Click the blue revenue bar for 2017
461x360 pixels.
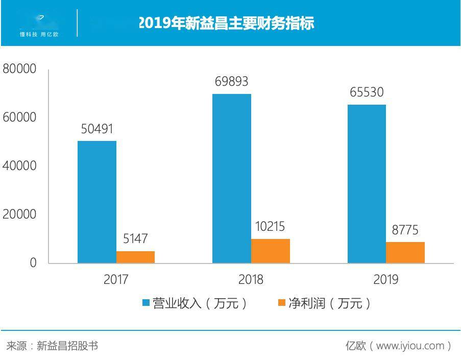(97, 202)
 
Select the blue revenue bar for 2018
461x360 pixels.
(232, 178)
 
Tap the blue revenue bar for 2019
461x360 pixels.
(367, 184)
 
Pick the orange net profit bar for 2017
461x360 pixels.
(135, 257)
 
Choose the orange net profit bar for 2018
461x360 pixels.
(270, 251)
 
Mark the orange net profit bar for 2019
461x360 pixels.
(405, 252)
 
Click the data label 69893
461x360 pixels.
(232, 82)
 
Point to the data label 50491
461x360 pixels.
(97, 129)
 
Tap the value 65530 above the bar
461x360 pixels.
(367, 92)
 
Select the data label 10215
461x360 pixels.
(270, 227)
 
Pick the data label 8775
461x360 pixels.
(405, 230)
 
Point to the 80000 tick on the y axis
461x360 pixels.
(20, 69)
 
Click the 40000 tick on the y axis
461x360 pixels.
(20, 166)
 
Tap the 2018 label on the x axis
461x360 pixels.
(251, 280)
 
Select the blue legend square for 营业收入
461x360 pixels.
(146, 303)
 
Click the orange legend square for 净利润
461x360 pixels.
(281, 303)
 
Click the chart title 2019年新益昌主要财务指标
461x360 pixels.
(226, 23)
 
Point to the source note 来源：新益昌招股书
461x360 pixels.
(52, 346)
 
